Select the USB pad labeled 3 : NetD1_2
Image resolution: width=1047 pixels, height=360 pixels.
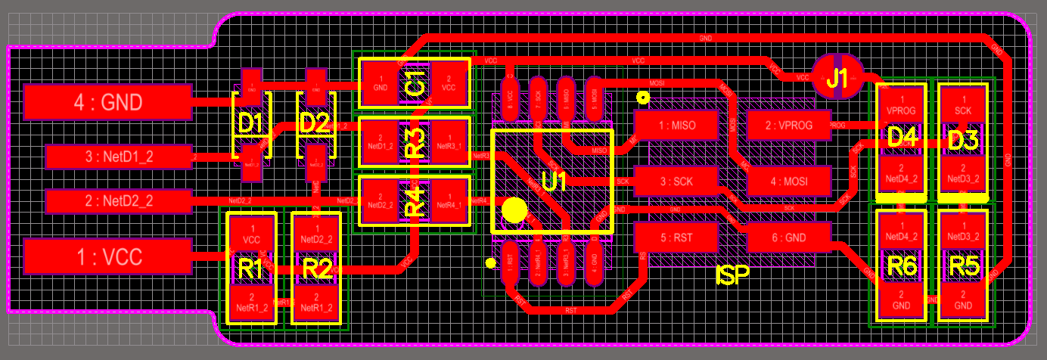pos(120,157)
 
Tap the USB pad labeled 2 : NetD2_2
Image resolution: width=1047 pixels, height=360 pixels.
pos(119,201)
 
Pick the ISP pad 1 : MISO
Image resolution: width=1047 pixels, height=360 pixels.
pos(676,125)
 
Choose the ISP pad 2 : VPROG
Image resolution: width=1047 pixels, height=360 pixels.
pos(788,125)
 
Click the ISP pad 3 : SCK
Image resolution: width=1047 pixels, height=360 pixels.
pos(676,182)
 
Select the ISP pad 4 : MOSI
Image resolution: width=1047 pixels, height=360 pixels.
pos(788,182)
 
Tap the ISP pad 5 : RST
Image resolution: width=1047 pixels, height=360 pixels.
pos(676,237)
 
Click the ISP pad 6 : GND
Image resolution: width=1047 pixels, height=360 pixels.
pos(788,237)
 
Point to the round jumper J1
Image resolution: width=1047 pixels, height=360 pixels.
pos(837,78)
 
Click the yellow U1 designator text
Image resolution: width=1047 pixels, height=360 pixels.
pos(555,182)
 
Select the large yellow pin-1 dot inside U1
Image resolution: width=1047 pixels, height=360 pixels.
pos(514,210)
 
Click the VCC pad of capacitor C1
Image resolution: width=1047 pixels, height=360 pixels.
pos(449,83)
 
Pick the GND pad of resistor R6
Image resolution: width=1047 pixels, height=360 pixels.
pos(901,299)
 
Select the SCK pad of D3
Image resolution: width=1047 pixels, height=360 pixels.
pos(963,105)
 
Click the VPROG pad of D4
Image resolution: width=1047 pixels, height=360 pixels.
pos(901,105)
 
